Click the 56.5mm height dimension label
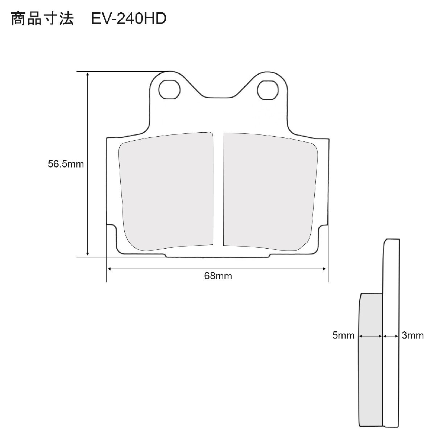point(66,164)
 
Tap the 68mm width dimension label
point(218,276)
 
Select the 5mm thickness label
point(343,335)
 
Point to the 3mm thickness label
point(413,335)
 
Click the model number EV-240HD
point(129,18)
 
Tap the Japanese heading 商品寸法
point(42,18)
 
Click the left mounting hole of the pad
point(169,90)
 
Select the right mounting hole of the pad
point(268,90)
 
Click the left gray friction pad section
point(166,191)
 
